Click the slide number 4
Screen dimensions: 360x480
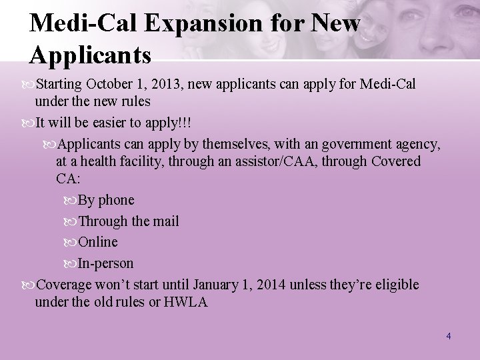pyautogui.click(x=449, y=336)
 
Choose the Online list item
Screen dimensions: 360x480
pyautogui.click(x=97, y=241)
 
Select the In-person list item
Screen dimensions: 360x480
pyautogui.click(x=105, y=263)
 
